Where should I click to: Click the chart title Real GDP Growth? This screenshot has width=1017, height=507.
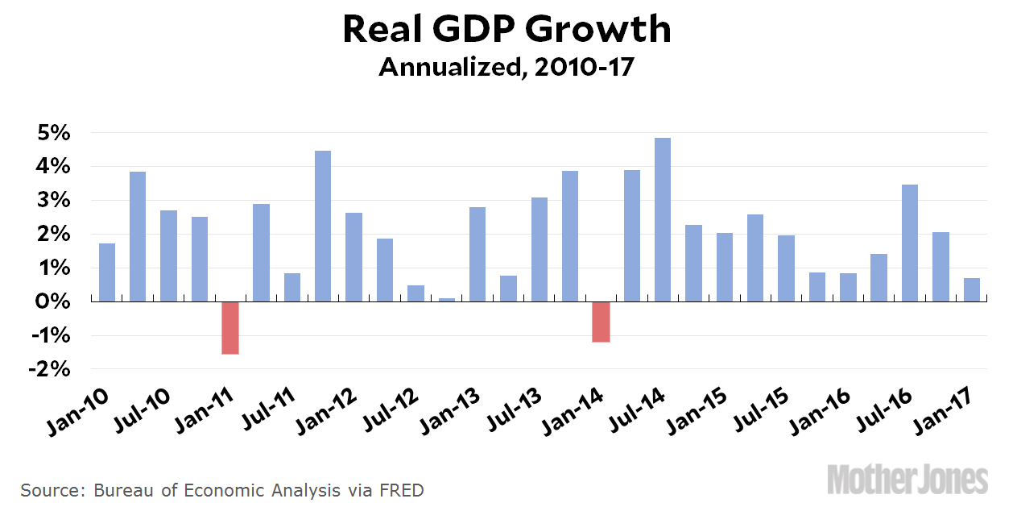507,30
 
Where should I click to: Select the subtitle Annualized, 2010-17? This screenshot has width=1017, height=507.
507,68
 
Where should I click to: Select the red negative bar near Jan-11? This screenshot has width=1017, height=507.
230,327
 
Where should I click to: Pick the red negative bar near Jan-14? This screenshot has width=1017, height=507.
601,322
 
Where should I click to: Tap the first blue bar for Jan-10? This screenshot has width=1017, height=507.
107,272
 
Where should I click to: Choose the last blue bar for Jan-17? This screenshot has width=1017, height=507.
972,289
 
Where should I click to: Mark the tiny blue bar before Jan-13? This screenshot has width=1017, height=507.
447,300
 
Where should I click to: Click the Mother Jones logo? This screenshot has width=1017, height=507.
907,479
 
